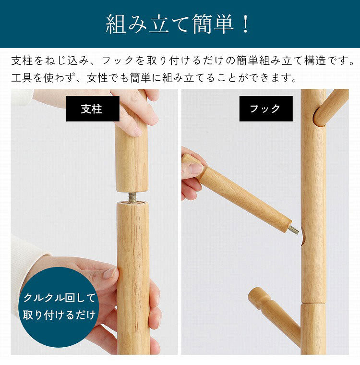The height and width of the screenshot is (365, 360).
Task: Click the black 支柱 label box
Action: [93, 109]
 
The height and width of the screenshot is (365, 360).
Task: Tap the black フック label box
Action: [266, 109]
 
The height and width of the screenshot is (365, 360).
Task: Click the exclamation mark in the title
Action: [245, 24]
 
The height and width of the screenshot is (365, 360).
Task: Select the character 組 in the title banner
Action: [116, 24]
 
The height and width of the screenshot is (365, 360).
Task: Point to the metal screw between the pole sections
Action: [132, 197]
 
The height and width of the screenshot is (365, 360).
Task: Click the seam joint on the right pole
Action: [313, 303]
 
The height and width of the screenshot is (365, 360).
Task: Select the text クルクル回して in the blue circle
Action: [60, 298]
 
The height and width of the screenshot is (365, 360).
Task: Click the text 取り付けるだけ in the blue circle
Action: [59, 315]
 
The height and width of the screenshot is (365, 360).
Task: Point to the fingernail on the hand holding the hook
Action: [195, 168]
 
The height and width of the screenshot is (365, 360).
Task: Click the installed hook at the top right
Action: [330, 108]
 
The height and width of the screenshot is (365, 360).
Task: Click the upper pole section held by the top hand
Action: [132, 158]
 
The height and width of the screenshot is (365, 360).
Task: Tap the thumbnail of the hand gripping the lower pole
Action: [109, 273]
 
